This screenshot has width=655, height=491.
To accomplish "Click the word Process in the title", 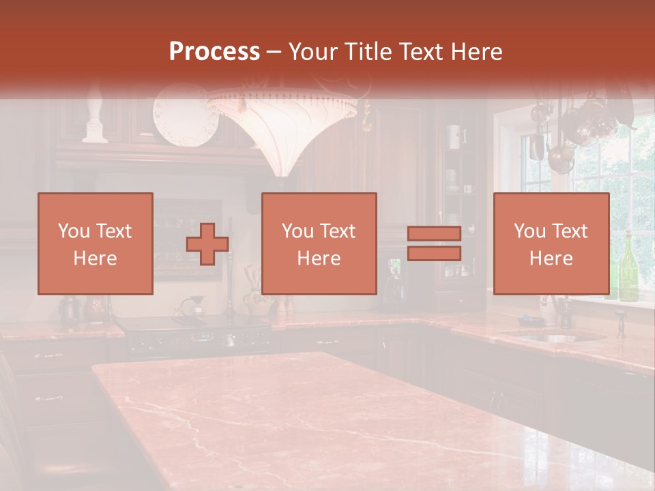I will click(x=214, y=52).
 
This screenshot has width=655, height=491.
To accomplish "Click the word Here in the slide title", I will click(x=474, y=52).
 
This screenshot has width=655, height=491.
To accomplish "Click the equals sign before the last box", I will click(x=434, y=243).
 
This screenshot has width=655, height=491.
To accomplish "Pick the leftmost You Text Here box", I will click(x=96, y=243).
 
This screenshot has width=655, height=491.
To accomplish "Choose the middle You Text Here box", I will click(x=319, y=243).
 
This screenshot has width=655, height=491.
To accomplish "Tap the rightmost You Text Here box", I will click(x=551, y=243).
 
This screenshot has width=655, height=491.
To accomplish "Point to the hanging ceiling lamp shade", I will click(x=282, y=130).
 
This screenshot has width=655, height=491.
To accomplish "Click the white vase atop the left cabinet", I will click(x=95, y=119).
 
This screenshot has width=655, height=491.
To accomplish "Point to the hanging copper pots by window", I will click(x=573, y=133).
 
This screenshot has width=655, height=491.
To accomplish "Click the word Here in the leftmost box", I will click(x=96, y=258).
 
